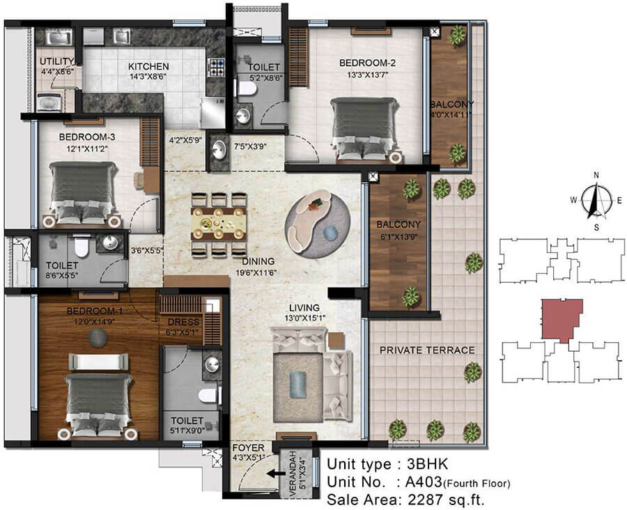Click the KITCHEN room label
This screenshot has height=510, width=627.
point(148,66)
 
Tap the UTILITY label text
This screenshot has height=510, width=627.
point(57,61)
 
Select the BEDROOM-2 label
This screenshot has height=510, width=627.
point(367,63)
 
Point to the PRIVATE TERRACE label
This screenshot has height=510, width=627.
point(427,350)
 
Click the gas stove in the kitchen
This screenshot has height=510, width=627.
point(217,68)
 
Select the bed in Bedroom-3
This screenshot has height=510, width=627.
point(84,193)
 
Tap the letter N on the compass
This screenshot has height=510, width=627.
point(596,175)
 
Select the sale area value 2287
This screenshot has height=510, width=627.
point(426,500)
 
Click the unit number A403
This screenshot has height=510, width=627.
point(424,481)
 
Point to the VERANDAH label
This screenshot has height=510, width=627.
point(293,474)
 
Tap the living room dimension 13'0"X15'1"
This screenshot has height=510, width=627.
point(306,319)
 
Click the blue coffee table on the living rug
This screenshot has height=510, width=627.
point(297,385)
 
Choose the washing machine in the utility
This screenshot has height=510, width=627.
point(49,102)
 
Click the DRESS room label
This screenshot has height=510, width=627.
point(183,322)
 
